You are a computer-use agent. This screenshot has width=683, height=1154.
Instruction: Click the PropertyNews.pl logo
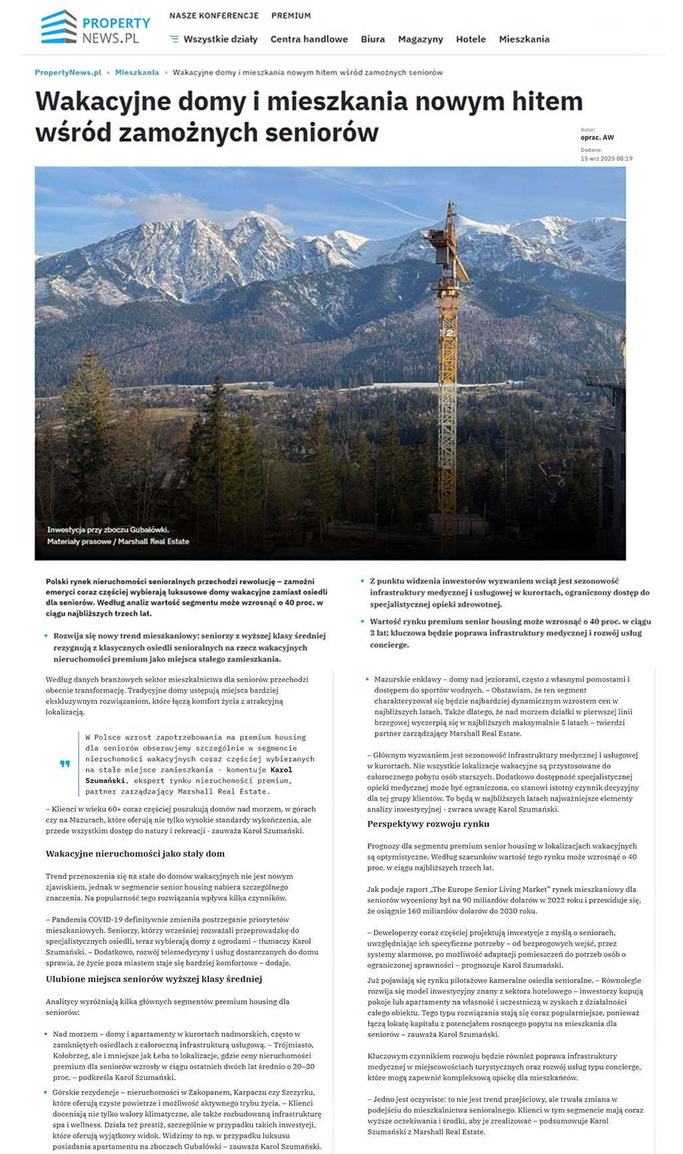[95, 27]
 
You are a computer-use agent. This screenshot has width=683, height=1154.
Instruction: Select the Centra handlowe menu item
[309, 39]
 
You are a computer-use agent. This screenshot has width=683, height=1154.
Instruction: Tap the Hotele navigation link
[471, 39]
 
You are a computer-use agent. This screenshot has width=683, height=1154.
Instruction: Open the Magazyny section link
[420, 39]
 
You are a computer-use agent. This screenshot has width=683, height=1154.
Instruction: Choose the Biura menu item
[372, 39]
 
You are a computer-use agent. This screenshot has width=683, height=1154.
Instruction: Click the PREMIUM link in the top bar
[291, 15]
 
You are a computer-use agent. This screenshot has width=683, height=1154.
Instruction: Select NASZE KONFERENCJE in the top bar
[213, 15]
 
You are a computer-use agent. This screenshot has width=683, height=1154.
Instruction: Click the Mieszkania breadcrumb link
[137, 72]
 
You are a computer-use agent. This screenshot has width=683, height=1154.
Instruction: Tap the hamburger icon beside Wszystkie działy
[174, 39]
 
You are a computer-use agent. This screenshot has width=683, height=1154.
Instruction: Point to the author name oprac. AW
[597, 138]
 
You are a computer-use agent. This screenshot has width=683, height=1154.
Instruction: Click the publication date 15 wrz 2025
[606, 159]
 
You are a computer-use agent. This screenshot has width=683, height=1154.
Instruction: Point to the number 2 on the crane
[450, 332]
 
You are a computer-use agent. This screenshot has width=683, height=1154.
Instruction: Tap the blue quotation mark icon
[65, 764]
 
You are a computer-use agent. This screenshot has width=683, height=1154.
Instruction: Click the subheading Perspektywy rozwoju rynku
[428, 824]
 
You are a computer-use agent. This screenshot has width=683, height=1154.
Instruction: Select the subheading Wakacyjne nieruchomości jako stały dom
[135, 854]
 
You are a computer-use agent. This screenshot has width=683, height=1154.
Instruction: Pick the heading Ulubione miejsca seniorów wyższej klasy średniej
[154, 979]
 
